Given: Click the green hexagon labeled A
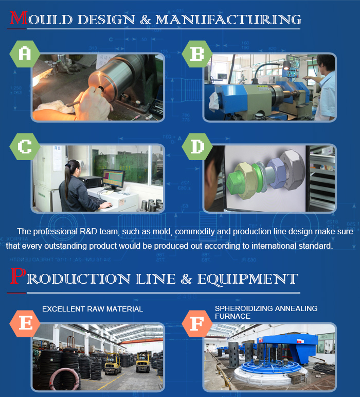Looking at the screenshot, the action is [x=25, y=54].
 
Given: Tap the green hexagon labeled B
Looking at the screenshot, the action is [x=197, y=54].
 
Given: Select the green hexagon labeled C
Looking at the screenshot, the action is [x=25, y=146].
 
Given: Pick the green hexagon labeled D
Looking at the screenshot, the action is [x=197, y=146].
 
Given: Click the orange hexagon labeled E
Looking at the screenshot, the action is [x=25, y=323].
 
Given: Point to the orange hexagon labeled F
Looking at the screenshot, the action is [x=197, y=323].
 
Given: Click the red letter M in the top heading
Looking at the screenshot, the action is [x=19, y=18].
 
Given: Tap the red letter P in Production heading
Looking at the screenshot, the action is [x=17, y=275].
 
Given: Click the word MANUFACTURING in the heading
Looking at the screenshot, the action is [x=228, y=20].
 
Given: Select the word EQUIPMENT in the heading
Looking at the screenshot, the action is [x=248, y=279].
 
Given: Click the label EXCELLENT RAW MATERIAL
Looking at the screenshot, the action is [x=93, y=309].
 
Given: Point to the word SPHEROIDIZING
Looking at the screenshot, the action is [x=244, y=308].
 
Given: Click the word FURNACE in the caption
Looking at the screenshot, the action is [x=232, y=316].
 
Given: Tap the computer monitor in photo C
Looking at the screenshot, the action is [x=113, y=179].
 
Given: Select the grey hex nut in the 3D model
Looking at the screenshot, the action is [x=293, y=169].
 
